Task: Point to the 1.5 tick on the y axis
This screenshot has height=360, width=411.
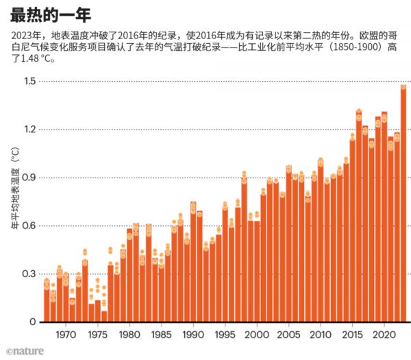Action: pyautogui.click(x=29, y=82)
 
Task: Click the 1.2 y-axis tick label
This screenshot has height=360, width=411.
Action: pyautogui.click(x=29, y=130)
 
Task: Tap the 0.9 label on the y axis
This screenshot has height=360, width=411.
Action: pyautogui.click(x=29, y=178)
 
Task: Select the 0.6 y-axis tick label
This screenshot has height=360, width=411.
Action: pyautogui.click(x=29, y=226)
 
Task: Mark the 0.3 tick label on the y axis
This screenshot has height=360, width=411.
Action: pyautogui.click(x=29, y=274)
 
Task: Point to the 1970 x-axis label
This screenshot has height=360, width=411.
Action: pyautogui.click(x=66, y=335)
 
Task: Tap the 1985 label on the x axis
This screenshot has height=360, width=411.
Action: pyautogui.click(x=161, y=335)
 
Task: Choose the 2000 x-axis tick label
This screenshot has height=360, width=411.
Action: pyautogui.click(x=256, y=335)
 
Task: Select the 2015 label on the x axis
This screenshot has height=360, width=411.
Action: pyautogui.click(x=352, y=335)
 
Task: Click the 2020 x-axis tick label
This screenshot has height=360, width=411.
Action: pyautogui.click(x=384, y=335)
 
